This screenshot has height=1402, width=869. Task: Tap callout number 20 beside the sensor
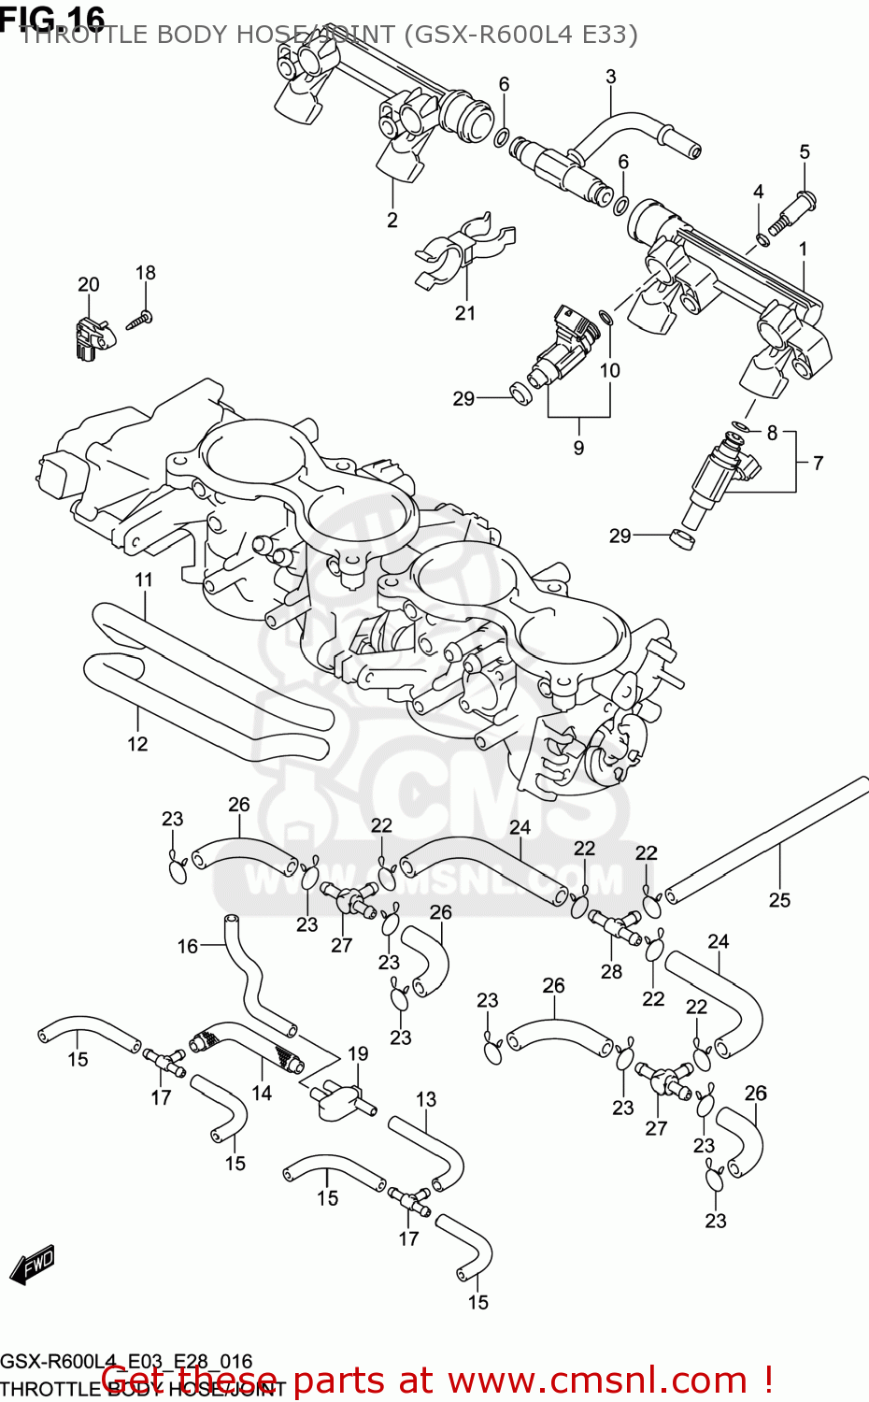click(x=88, y=284)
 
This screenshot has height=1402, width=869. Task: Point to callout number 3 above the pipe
click(x=610, y=77)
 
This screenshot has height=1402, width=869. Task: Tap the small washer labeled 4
click(x=762, y=241)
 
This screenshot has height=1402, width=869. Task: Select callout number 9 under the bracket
click(x=578, y=448)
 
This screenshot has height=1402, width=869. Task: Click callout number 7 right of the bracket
click(x=818, y=463)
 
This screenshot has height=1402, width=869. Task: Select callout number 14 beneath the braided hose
click(x=262, y=1093)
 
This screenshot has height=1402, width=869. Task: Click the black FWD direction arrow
click(x=33, y=1264)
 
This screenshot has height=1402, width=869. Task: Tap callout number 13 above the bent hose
click(x=426, y=1099)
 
